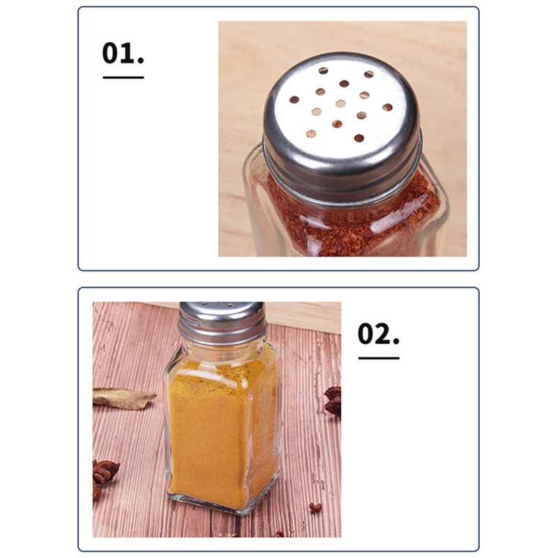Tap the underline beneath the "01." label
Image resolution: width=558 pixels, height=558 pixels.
tap(123, 77)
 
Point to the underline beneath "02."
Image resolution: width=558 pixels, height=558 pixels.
tap(379, 358)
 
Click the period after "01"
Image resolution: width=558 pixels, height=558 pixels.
tap(141, 61)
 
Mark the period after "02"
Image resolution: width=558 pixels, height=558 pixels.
tap(396, 342)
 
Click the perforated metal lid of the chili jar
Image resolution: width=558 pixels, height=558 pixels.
tap(342, 126)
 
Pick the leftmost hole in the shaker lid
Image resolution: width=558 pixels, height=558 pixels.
tap(294, 100)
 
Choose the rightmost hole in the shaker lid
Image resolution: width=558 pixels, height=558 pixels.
tap(388, 107)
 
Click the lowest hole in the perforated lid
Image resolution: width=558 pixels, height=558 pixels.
tap(359, 138)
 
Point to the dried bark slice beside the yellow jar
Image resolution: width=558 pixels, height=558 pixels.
tap(123, 398)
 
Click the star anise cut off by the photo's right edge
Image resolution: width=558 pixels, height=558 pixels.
tap(333, 400)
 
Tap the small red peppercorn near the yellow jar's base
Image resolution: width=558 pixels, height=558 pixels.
tap(316, 507)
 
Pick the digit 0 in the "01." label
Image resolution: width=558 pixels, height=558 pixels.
tap(111, 53)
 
